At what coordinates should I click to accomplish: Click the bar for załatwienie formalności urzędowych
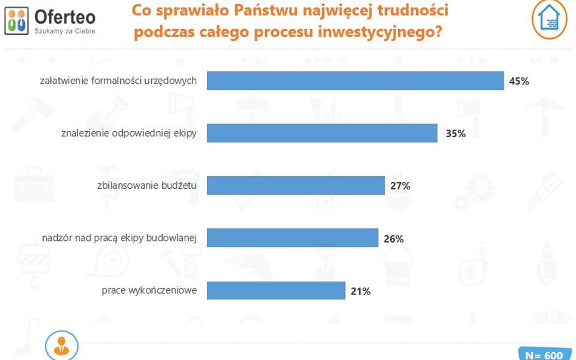(x=355, y=80)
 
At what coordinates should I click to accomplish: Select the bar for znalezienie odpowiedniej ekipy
(x=322, y=133)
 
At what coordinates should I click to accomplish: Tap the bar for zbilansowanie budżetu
(x=296, y=185)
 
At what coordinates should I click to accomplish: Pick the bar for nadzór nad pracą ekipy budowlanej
(x=292, y=238)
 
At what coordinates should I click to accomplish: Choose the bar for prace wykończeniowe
(x=276, y=291)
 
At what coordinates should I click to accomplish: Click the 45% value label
(x=519, y=81)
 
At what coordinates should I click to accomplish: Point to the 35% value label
(x=455, y=134)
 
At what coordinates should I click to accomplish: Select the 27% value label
(x=400, y=186)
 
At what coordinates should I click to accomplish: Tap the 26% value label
(x=394, y=239)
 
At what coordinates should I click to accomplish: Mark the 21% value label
(x=360, y=291)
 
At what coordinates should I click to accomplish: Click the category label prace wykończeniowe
(x=149, y=291)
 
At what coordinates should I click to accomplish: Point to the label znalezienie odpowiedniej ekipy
(x=129, y=133)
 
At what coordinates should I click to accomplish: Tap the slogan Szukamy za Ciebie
(x=64, y=30)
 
